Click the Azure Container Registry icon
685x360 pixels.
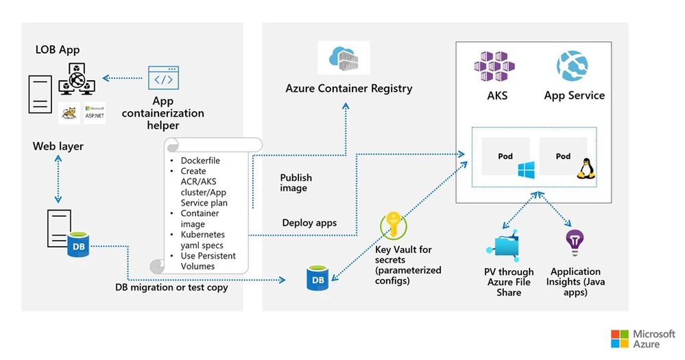(344, 58)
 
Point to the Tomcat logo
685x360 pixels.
(69, 113)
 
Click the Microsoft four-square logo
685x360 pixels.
(620, 339)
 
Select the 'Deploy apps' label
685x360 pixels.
(309, 223)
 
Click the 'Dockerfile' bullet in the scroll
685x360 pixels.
(200, 160)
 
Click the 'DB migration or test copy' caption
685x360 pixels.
(171, 287)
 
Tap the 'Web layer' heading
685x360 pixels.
(58, 147)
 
